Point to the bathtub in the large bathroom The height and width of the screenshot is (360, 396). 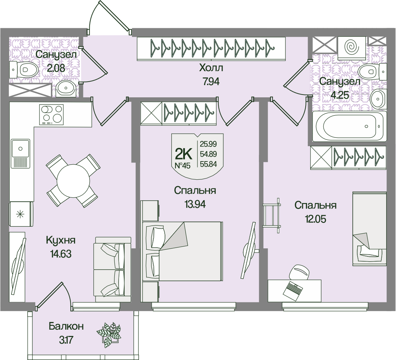(x=349, y=126)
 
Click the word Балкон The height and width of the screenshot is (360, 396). (x=66, y=327)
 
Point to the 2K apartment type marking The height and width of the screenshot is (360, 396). (x=183, y=153)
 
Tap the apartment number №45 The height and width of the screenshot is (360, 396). (x=182, y=165)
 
